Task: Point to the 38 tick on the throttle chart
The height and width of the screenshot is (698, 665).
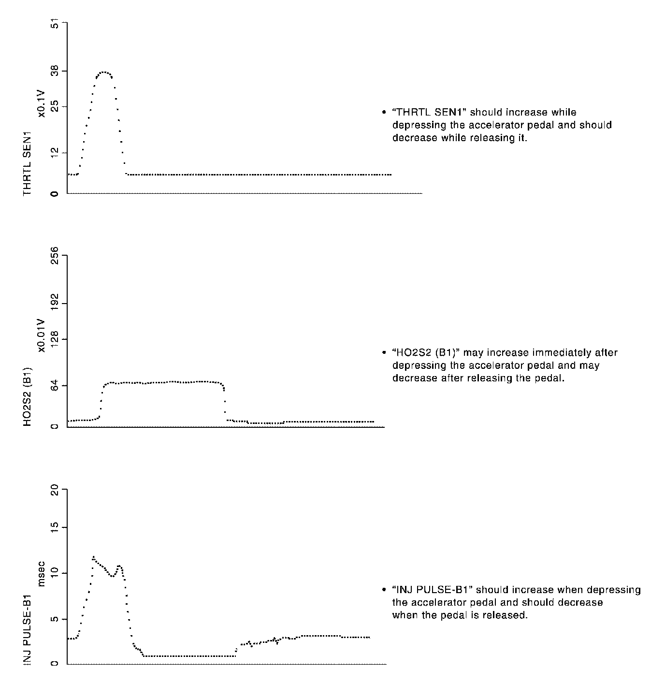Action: [54, 72]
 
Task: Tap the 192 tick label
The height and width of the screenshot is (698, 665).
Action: [54, 304]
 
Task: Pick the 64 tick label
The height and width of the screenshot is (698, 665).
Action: [54, 385]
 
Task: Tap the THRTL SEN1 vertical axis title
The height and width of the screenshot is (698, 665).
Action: [28, 163]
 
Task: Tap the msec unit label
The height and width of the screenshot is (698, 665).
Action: [42, 574]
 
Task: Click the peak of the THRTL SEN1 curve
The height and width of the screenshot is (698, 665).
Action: [103, 72]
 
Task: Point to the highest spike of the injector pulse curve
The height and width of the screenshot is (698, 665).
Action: [93, 557]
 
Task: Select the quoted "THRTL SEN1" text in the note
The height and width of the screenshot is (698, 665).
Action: [430, 113]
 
